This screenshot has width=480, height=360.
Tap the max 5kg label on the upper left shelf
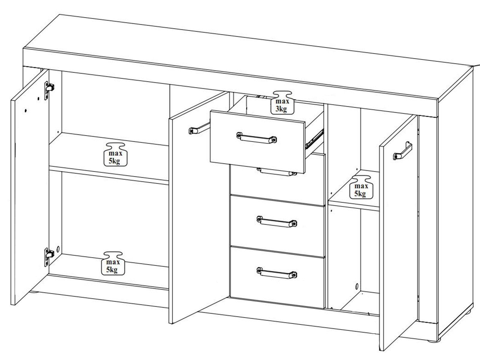tap(115, 154)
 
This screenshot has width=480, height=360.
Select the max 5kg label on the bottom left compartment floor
tap(113, 263)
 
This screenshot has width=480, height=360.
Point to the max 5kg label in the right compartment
tap(361, 187)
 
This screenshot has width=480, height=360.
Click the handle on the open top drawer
tap(256, 138)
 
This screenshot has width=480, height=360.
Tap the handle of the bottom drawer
tap(277, 273)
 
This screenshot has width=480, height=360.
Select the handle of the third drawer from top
tap(277, 222)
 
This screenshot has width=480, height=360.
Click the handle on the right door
tap(403, 151)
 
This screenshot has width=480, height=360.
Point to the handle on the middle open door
tap(199, 128)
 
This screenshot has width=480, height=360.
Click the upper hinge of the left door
tap(49, 90)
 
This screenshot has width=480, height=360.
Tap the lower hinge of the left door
tap(49, 257)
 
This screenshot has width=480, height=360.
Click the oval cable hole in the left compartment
tap(58, 249)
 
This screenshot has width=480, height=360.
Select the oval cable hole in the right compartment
tap(357, 286)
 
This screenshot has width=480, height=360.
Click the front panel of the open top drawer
tap(257, 142)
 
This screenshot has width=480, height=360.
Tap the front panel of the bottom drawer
tap(277, 277)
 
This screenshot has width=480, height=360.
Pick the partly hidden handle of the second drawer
tap(277, 172)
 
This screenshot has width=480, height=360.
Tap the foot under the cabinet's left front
tap(34, 292)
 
